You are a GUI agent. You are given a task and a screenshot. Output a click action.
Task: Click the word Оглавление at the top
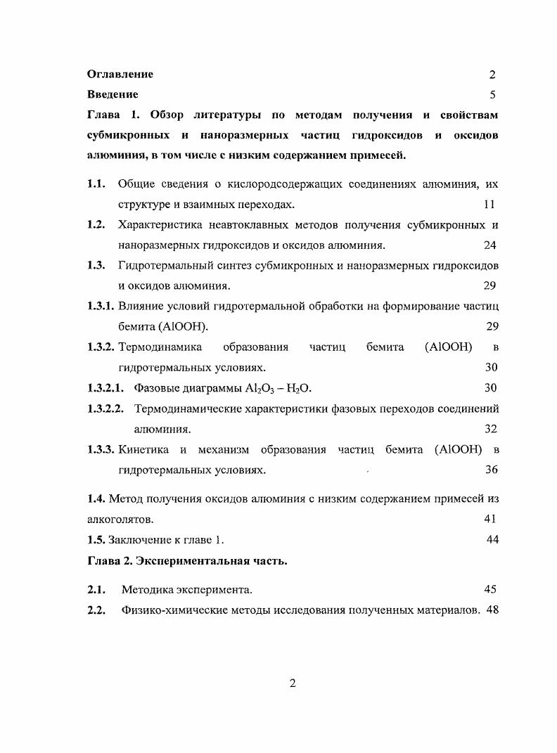click(x=120, y=74)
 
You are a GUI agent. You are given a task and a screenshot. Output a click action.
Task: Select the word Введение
click(x=113, y=94)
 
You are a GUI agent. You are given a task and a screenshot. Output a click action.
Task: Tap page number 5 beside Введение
click(x=492, y=94)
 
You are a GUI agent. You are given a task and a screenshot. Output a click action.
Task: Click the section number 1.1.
click(x=96, y=184)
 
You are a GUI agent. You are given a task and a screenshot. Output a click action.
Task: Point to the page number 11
click(x=489, y=205)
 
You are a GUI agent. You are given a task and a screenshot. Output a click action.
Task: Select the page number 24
click(x=489, y=245)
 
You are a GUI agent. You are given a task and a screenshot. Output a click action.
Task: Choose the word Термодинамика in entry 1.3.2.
click(x=160, y=347)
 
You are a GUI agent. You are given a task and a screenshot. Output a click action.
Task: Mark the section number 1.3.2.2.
click(x=105, y=408)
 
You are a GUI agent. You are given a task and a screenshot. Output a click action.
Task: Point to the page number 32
click(x=490, y=428)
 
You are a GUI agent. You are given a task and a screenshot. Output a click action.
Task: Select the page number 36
click(x=491, y=469)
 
